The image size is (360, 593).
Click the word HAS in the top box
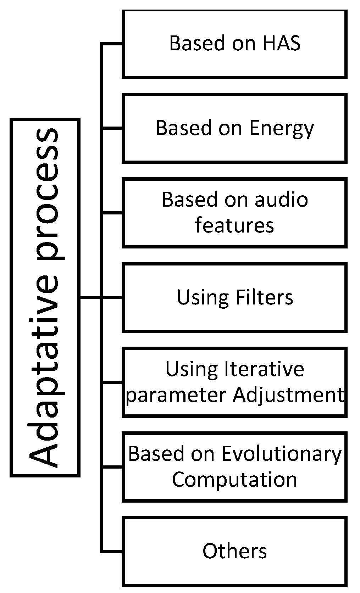coord(282,43)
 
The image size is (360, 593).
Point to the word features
coord(234,225)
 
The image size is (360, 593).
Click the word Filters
coord(264,297)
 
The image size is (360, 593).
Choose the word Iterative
coord(264,369)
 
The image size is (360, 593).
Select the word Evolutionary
coord(282,454)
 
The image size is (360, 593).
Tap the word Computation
coord(234,480)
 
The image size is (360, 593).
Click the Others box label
coord(234,551)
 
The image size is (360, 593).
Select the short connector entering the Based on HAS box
coord(112,44)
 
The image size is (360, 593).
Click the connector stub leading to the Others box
coord(112,552)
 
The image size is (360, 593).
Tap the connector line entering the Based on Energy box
coord(112,128)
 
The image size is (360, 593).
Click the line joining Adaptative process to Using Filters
coord(90,297)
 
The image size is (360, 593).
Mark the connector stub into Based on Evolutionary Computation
coord(112,467)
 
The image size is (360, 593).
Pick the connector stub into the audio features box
coord(112,213)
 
